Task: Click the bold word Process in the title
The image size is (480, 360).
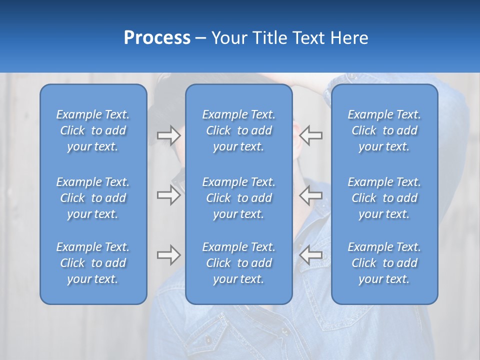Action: click(157, 38)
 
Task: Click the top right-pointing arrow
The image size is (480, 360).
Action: click(168, 135)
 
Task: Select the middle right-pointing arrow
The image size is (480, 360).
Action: click(168, 195)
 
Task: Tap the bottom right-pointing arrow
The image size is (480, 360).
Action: click(168, 255)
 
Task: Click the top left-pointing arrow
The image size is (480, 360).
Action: click(310, 135)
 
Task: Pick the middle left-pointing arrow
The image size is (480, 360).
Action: click(310, 195)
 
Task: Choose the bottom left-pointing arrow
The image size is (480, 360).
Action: click(310, 255)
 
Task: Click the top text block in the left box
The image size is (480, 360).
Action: click(93, 130)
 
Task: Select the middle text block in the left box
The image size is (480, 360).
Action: click(93, 198)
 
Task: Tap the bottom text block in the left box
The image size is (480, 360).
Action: click(93, 263)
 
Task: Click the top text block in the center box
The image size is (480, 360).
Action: click(238, 130)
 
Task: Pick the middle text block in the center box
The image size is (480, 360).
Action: click(238, 198)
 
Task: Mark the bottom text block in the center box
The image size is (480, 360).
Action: click(238, 263)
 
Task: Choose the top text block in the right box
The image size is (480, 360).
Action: click(384, 130)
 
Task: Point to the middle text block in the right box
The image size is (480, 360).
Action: click(384, 198)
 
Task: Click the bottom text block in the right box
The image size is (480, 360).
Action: click(384, 263)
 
